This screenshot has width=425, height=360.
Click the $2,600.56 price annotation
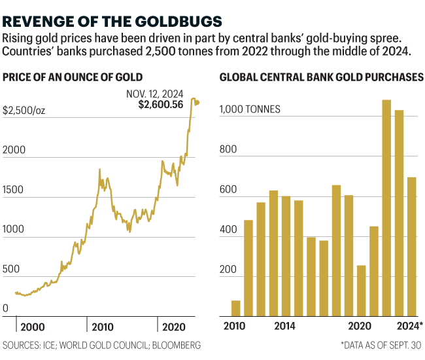pos(161,104)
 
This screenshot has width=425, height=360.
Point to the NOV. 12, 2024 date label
pos(155,93)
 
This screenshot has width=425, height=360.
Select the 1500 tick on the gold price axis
pos(14,190)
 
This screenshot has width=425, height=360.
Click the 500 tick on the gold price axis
pos(11,269)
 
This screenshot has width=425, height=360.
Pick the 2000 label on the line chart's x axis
pos(33,327)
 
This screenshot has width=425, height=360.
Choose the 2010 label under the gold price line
pos(102,327)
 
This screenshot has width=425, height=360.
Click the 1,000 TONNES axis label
pos(250,109)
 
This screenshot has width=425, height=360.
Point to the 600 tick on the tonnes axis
pos(228,190)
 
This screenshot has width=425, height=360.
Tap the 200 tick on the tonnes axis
pos(228,269)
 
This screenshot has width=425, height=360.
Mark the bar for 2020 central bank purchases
pos(362,291)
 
